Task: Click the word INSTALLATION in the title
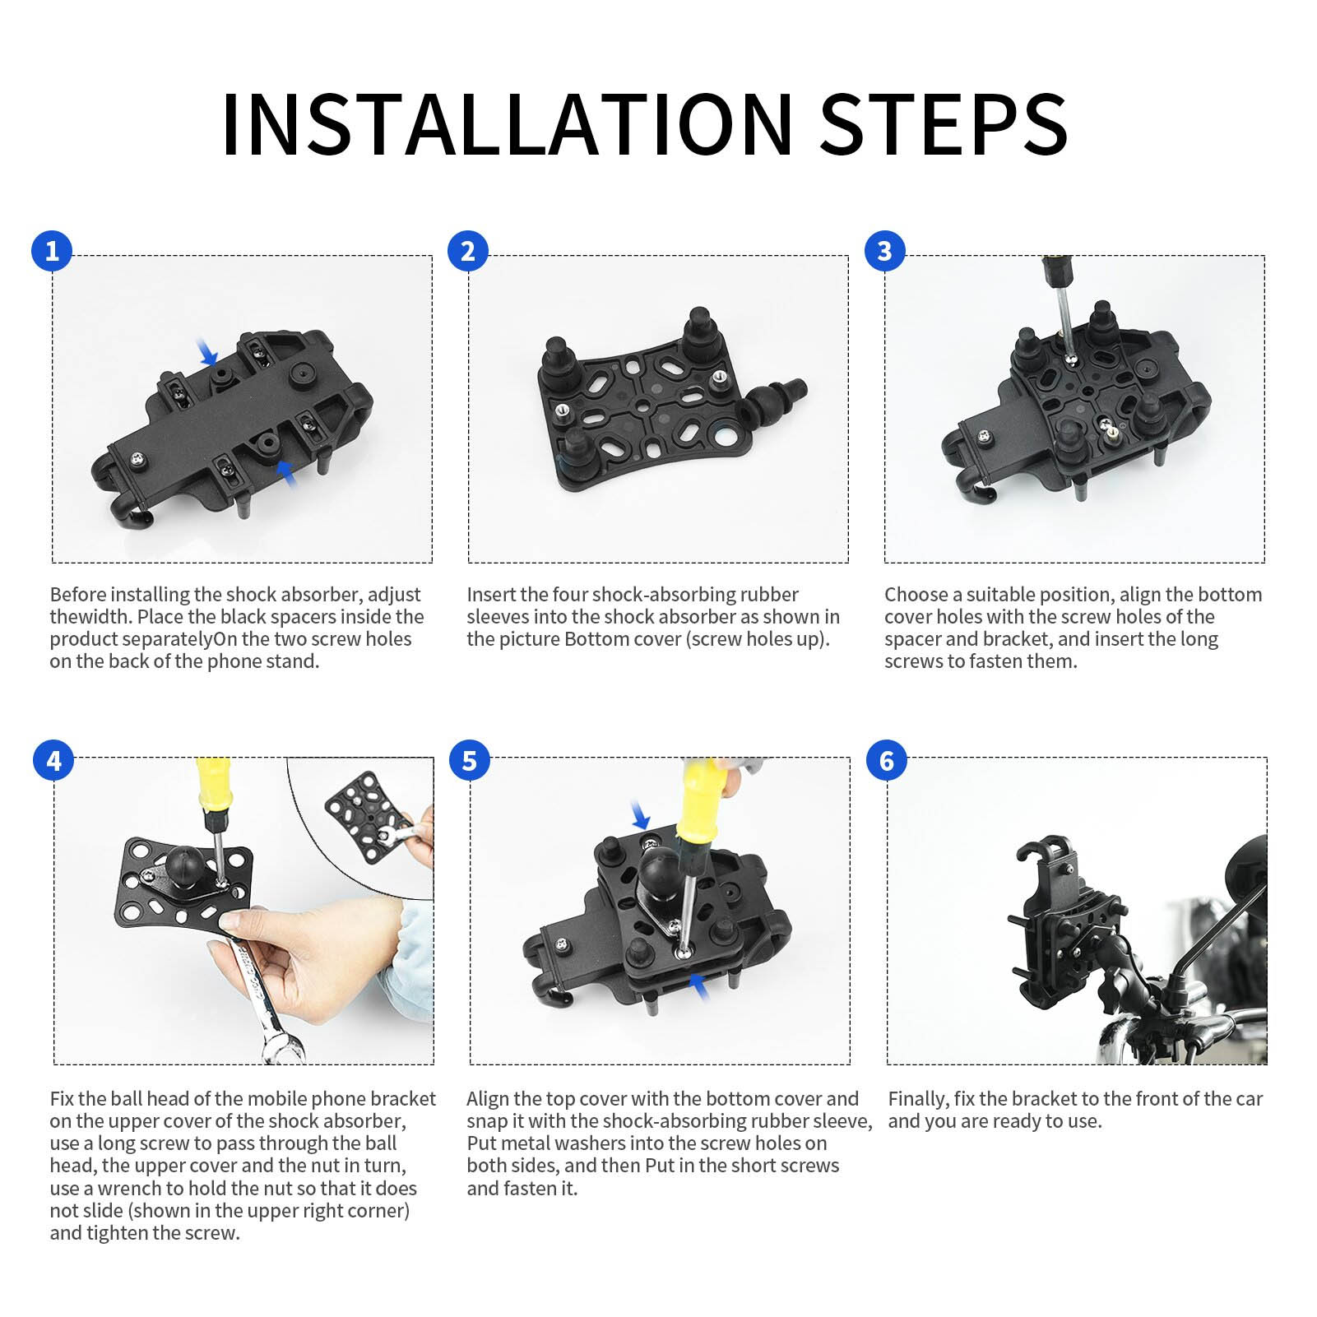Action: point(508,124)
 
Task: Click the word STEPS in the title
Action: point(944,124)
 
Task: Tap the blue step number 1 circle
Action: point(52,251)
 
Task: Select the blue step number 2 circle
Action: point(468,251)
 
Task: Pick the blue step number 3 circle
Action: point(884,251)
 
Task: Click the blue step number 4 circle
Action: point(53,760)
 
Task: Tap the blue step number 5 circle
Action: point(469,760)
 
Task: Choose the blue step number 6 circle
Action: point(886,760)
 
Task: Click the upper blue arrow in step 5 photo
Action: point(640,816)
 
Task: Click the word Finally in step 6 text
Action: point(919,1100)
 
